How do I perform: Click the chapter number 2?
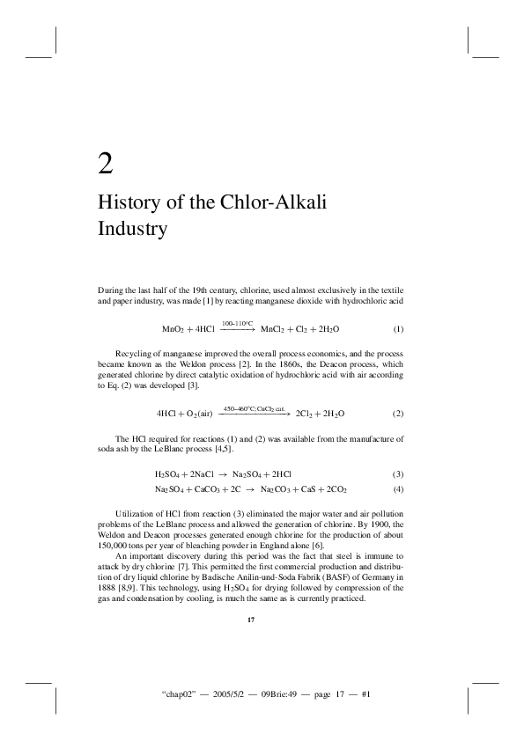click(105, 164)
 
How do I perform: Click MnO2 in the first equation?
click(173, 329)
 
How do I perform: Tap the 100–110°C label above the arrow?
click(237, 323)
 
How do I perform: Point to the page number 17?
click(251, 620)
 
